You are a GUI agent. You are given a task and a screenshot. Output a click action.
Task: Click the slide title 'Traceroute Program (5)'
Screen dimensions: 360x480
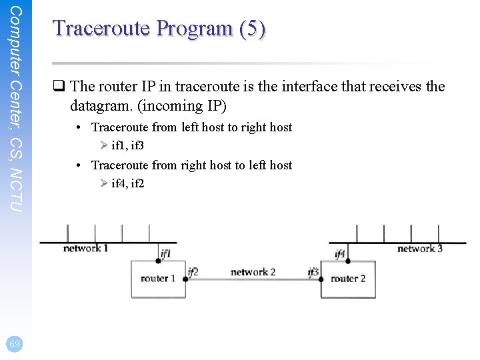(x=159, y=28)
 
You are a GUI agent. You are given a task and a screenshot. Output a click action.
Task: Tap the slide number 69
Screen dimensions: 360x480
(x=15, y=343)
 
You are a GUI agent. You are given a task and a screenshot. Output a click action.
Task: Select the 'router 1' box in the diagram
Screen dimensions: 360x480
(x=158, y=279)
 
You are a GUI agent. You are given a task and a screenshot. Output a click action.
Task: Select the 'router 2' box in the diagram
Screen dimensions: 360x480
(x=348, y=279)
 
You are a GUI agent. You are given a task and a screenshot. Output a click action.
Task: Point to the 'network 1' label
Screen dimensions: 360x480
(x=85, y=249)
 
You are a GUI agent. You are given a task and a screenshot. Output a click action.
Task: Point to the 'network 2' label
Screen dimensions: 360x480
(x=253, y=272)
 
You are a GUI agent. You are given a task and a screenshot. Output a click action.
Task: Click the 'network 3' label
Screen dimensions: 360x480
(x=419, y=249)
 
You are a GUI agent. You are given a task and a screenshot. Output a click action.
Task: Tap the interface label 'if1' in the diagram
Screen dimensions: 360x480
(x=165, y=254)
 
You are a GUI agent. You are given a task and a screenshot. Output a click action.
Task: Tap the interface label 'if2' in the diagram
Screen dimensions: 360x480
(x=193, y=271)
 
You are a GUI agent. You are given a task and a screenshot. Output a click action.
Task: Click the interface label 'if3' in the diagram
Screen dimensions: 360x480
(x=313, y=272)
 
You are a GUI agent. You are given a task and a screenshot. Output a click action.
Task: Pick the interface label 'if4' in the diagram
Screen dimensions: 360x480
(x=340, y=254)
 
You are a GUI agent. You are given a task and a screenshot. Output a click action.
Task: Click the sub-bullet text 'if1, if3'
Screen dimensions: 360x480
(x=128, y=145)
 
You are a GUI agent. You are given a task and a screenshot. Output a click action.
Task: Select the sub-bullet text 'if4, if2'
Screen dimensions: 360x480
(x=128, y=183)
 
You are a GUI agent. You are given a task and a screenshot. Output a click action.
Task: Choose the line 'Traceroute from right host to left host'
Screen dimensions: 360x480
(x=191, y=165)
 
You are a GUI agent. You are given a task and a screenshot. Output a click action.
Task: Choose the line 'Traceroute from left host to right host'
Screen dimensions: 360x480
(x=191, y=127)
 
